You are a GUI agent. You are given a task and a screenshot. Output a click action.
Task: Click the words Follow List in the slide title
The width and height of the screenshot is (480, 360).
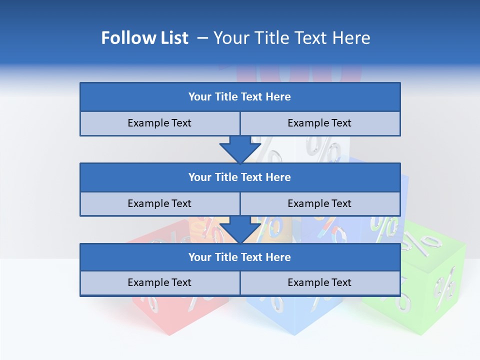144,38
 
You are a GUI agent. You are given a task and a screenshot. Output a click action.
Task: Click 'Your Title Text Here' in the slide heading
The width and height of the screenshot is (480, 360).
291,38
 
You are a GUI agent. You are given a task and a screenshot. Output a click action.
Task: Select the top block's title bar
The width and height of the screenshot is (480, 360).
240,97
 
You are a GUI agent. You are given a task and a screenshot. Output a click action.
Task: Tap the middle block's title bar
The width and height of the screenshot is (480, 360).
240,177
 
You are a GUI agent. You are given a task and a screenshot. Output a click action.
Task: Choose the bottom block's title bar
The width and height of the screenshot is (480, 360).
240,257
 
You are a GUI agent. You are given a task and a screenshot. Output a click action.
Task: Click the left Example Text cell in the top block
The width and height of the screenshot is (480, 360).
159,123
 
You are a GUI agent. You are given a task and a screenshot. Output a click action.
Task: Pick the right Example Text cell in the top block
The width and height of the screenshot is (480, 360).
319,123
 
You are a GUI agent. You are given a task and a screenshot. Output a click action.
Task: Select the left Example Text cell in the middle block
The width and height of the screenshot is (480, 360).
159,203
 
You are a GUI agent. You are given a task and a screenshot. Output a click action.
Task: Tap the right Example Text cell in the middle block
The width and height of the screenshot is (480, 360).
319,203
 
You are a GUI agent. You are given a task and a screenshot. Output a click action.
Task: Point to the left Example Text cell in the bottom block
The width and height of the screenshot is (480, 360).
159,282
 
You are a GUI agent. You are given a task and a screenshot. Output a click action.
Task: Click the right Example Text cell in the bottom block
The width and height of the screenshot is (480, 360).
319,282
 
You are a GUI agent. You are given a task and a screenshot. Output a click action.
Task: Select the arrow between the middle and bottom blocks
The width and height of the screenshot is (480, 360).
240,229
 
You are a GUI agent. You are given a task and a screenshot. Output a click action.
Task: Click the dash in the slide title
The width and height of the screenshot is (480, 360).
202,38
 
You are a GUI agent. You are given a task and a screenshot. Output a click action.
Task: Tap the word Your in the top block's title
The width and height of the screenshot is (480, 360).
200,97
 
